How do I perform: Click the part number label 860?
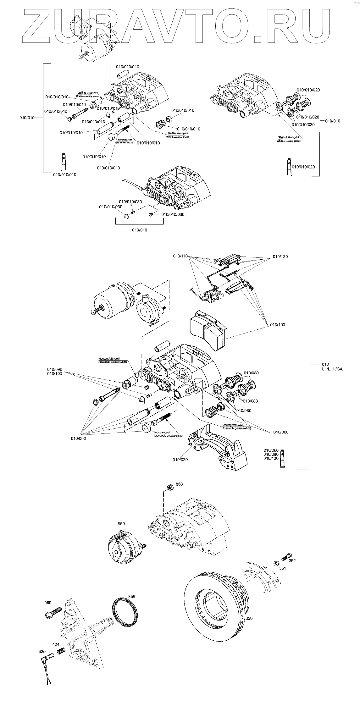(179, 484)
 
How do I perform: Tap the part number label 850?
(121, 524)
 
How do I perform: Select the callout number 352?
(292, 561)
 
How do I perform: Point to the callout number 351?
(283, 568)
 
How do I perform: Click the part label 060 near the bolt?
(47, 603)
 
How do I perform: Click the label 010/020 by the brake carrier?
(180, 460)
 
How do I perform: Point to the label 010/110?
(180, 256)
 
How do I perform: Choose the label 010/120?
(280, 256)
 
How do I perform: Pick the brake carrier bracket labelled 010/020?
(217, 446)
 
